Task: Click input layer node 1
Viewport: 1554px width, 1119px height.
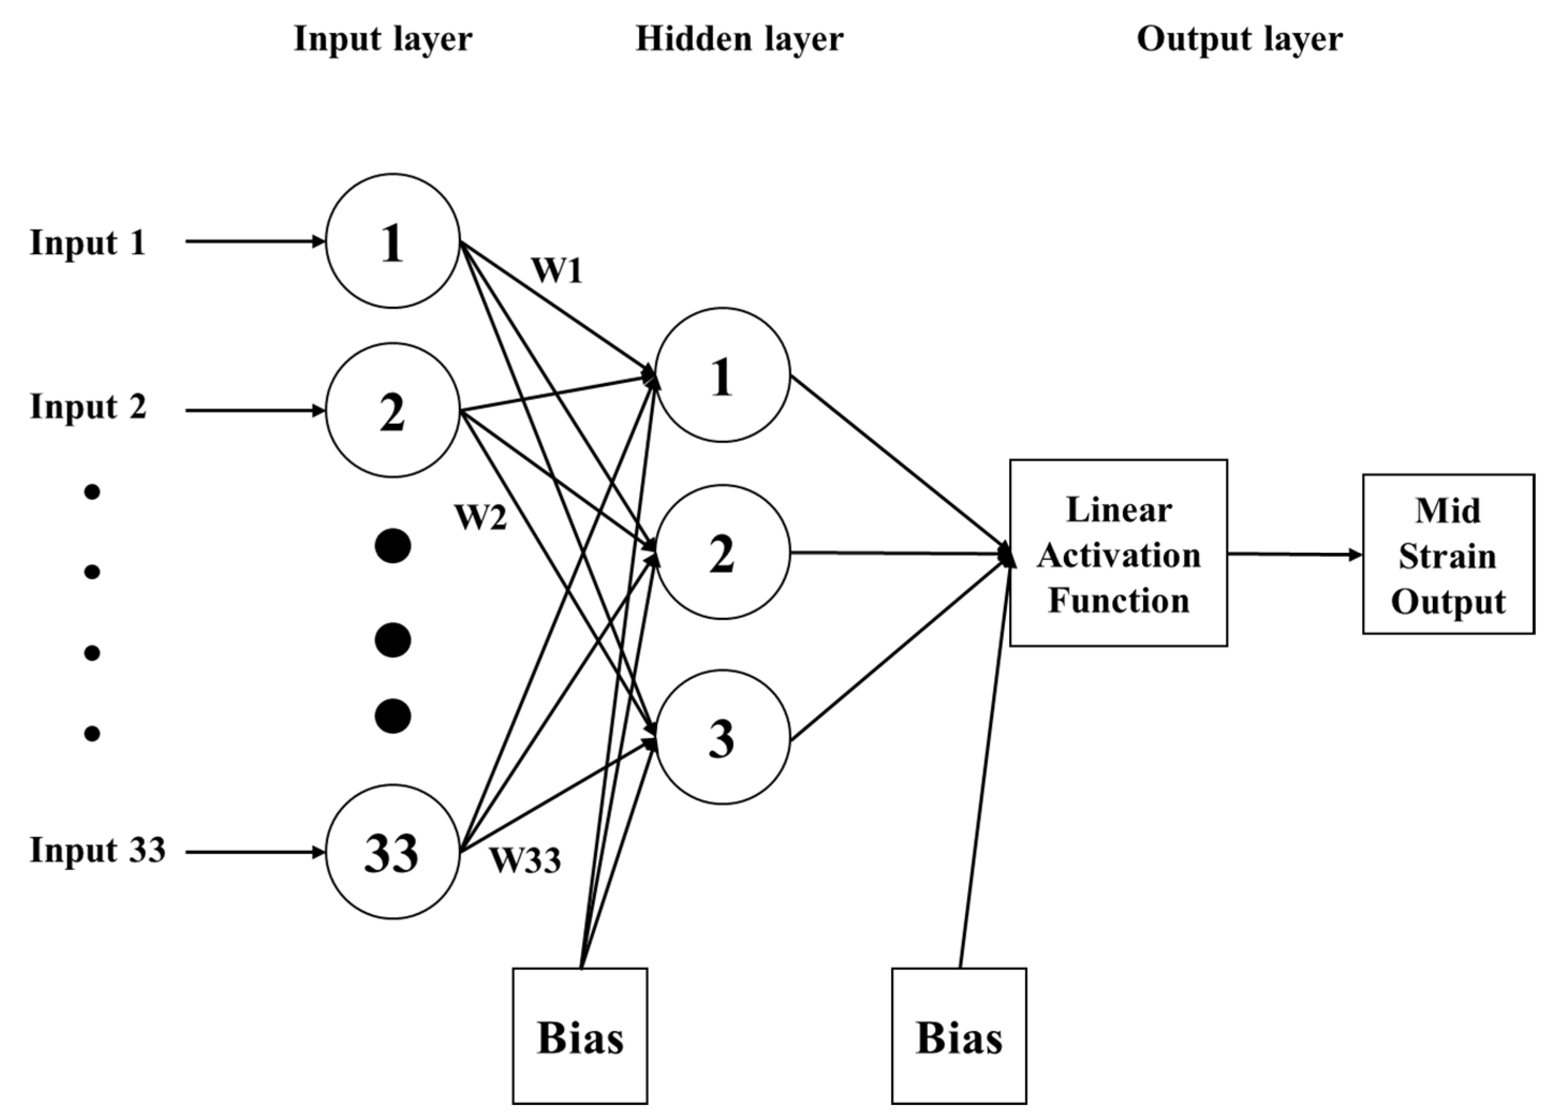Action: (x=392, y=241)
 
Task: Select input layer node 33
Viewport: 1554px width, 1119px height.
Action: (x=392, y=852)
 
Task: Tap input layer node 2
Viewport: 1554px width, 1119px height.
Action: (x=392, y=410)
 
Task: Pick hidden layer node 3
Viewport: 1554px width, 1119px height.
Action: (x=722, y=737)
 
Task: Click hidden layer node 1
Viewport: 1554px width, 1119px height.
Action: (x=722, y=375)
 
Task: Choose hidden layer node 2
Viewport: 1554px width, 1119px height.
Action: (x=722, y=553)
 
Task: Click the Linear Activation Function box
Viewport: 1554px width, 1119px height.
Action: (x=1118, y=553)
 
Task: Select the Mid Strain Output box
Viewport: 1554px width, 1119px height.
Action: (x=1448, y=554)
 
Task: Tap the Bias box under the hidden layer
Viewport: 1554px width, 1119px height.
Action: (x=580, y=1036)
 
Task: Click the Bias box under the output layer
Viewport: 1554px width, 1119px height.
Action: (x=959, y=1036)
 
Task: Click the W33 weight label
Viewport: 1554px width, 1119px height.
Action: (x=525, y=860)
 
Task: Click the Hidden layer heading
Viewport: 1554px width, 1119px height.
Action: (x=739, y=39)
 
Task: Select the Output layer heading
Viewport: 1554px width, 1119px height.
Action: (x=1240, y=39)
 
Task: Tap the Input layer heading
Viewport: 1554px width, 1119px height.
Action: (x=383, y=39)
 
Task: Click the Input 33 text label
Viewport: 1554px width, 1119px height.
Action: (x=97, y=850)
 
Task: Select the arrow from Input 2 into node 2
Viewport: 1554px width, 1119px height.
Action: (x=255, y=410)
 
